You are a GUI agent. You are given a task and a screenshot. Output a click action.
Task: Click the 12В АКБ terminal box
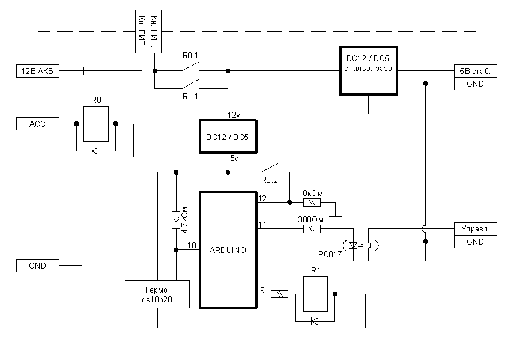37,71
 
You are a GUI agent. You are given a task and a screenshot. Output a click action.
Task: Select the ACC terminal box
37,124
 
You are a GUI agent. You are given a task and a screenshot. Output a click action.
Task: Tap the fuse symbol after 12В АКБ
94,71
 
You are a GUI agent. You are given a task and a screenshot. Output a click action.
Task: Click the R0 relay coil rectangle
95,124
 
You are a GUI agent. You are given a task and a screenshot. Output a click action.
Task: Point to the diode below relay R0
95,151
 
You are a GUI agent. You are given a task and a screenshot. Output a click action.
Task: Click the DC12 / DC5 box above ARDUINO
228,137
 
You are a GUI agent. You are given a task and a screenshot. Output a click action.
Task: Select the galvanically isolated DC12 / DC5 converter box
369,70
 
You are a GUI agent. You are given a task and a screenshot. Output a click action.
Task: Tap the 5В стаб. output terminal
475,71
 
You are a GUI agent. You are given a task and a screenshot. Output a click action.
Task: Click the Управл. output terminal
475,229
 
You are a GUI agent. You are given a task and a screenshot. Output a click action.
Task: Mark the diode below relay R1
314,322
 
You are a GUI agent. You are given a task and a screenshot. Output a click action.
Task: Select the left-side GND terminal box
37,265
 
